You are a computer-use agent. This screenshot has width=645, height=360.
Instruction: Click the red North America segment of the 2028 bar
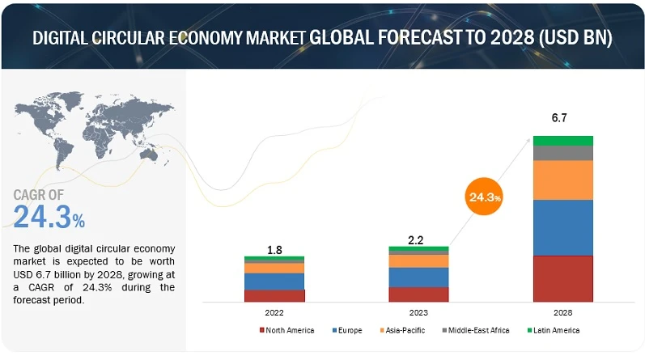pos(562,278)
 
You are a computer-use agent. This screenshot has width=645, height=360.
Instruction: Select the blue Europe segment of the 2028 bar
pos(562,227)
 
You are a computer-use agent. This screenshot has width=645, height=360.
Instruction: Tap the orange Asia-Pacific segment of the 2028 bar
pos(562,180)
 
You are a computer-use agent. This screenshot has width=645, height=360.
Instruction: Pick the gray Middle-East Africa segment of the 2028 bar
pos(562,153)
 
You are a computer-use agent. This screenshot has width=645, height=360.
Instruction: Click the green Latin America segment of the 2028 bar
pos(562,141)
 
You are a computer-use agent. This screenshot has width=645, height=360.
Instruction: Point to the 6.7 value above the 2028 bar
pos(559,118)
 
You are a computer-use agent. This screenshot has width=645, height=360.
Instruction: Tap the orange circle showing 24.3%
pos(484,197)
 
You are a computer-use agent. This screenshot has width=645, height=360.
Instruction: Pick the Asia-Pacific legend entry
pos(403,330)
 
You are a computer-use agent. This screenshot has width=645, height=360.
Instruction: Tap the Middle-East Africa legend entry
pos(477,330)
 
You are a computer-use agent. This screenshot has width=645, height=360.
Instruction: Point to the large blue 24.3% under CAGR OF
pos(49,217)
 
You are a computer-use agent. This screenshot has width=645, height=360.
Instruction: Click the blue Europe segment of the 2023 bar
pos(418,277)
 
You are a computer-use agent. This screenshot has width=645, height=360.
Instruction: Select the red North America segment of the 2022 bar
pos(274,295)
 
